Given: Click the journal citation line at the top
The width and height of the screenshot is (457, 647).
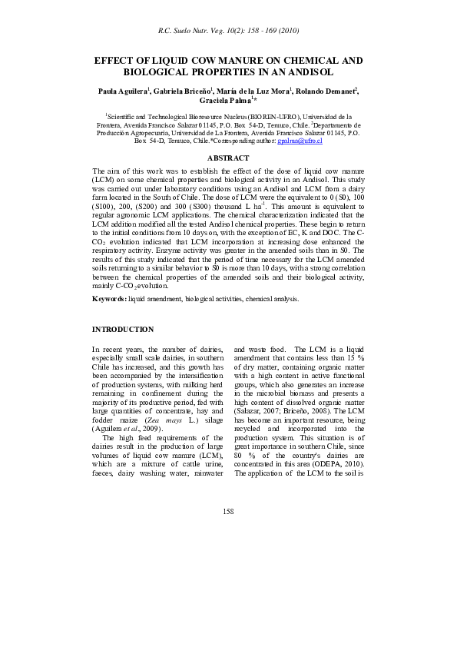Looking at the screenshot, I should [x=228, y=31].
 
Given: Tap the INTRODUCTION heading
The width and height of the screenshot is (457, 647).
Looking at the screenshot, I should [x=123, y=329].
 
